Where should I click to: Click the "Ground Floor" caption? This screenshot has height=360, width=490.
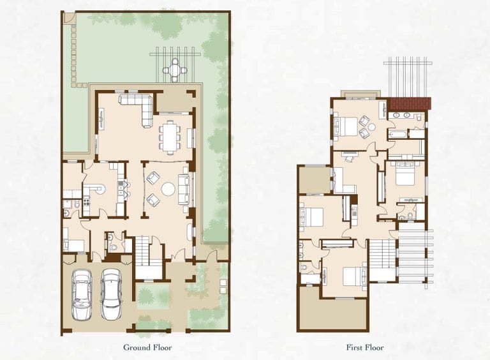click(147, 348)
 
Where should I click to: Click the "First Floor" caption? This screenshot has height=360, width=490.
click(366, 348)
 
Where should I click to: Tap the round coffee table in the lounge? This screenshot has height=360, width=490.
click(168, 189)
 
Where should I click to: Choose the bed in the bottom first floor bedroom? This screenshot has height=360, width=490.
click(352, 276)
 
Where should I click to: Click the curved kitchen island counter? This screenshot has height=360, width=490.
click(97, 190)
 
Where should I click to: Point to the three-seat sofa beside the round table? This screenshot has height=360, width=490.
click(184, 188)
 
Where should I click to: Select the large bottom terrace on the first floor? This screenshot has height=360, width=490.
click(332, 314)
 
